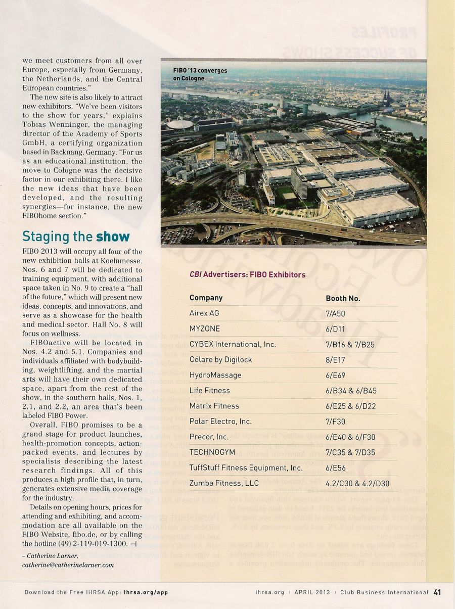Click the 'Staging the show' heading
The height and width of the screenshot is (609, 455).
tap(76, 237)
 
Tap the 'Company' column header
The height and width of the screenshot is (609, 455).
tap(206, 298)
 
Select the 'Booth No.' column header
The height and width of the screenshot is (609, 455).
tap(343, 298)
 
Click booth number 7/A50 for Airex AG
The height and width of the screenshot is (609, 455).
tap(336, 313)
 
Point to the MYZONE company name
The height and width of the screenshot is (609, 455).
tap(204, 329)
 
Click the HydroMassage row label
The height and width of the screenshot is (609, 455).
tap(215, 375)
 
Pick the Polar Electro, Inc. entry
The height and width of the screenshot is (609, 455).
tap(220, 421)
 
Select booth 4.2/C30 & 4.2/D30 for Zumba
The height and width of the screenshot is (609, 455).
tap(357, 483)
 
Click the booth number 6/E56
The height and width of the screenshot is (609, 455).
tap(335, 467)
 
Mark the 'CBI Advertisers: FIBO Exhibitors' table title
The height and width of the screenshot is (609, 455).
tap(247, 274)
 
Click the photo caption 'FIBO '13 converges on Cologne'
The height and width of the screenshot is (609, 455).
tap(200, 74)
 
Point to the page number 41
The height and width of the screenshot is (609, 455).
tap(437, 592)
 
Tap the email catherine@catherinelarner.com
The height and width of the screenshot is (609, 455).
tap(68, 565)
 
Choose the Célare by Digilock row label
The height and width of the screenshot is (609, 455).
tap(220, 359)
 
